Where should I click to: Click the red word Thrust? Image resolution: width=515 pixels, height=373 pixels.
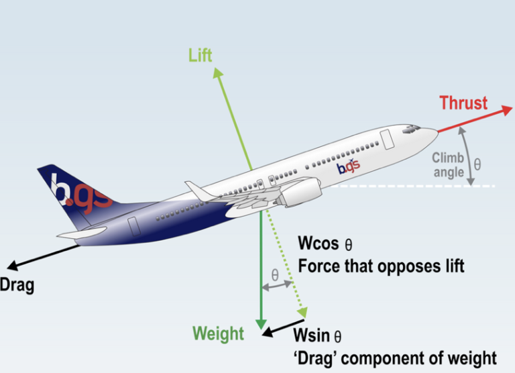[x=463, y=103]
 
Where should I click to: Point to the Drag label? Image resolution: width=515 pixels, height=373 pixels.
[x=16, y=284]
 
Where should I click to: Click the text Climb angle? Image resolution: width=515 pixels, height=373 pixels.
[x=448, y=165]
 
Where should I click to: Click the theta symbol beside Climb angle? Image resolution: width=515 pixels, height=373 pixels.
[x=477, y=163]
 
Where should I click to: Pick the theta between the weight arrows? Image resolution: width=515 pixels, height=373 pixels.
[x=274, y=274]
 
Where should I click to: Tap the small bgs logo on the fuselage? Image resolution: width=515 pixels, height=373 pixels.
[x=348, y=165]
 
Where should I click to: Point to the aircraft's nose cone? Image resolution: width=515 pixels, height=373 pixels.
[x=430, y=133]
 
